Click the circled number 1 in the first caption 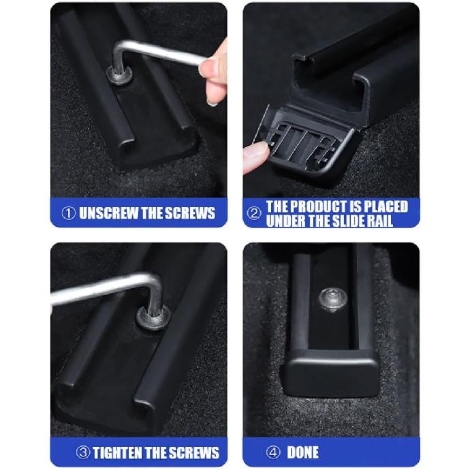pyautogui.click(x=68, y=213)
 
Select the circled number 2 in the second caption pyautogui.click(x=254, y=213)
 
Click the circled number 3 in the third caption pyautogui.click(x=82, y=452)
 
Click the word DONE pyautogui.click(x=303, y=452)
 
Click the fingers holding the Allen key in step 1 pyautogui.click(x=217, y=75)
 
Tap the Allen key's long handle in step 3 pyautogui.click(x=95, y=289)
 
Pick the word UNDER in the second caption pyautogui.click(x=289, y=220)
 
